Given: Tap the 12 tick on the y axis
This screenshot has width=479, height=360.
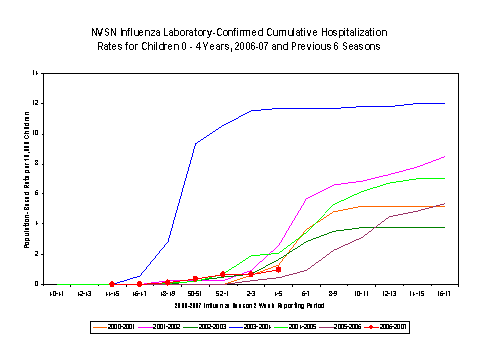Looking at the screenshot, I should point(34,103).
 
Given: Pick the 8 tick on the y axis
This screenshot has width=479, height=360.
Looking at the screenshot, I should point(35,163).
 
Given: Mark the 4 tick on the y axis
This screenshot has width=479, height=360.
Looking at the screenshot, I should point(35,224).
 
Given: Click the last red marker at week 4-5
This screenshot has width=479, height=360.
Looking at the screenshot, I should point(278,269).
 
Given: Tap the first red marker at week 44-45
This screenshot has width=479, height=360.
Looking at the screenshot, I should point(111,284).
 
